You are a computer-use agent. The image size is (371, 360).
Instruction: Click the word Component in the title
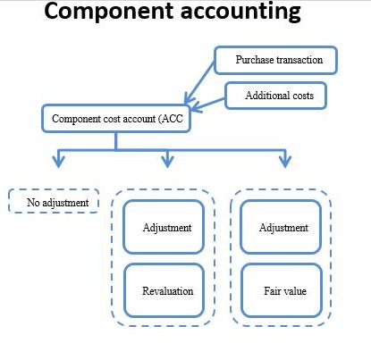click(109, 12)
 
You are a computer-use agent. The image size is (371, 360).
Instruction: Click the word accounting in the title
click(240, 13)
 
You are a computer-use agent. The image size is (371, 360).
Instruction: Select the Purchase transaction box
click(275, 60)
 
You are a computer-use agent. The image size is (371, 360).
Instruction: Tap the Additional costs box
click(275, 96)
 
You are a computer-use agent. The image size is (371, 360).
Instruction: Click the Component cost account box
click(116, 118)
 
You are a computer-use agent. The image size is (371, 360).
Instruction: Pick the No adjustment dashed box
click(54, 201)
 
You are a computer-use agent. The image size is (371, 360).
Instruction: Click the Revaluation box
click(164, 290)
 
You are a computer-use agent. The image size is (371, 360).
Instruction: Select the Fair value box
click(282, 290)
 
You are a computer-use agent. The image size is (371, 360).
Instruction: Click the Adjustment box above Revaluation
click(164, 227)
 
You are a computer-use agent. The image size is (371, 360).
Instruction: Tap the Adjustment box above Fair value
click(281, 227)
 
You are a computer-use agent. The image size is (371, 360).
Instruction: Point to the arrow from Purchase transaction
click(199, 83)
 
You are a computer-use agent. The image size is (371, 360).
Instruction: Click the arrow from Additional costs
click(207, 105)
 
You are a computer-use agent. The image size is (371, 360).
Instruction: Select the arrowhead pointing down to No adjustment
click(58, 161)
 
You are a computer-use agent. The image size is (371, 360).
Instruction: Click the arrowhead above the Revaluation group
click(167, 161)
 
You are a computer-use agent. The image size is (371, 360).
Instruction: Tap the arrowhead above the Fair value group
click(285, 161)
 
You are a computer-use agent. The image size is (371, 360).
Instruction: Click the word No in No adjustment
click(33, 203)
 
